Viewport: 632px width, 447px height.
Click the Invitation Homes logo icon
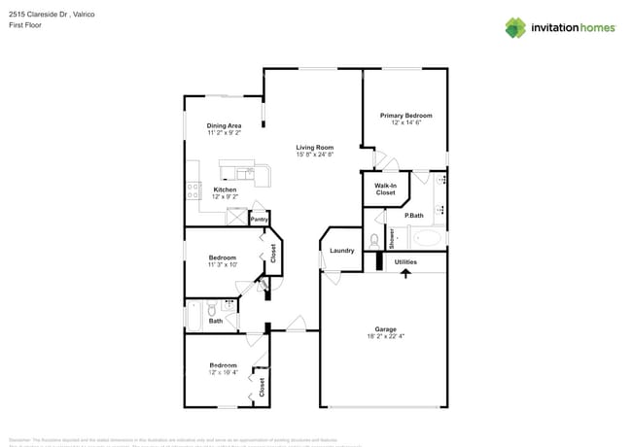pyautogui.click(x=516, y=27)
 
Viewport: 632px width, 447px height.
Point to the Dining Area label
pyautogui.click(x=224, y=125)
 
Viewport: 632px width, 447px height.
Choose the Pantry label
pyautogui.click(x=260, y=220)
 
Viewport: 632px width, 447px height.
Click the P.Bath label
pyautogui.click(x=414, y=215)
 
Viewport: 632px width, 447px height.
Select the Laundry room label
pyautogui.click(x=341, y=250)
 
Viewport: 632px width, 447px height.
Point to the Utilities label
pyautogui.click(x=405, y=261)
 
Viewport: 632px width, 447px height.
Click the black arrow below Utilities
pyautogui.click(x=405, y=273)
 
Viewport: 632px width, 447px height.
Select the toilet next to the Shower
pyautogui.click(x=373, y=239)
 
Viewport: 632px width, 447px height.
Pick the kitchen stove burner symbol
pyautogui.click(x=191, y=190)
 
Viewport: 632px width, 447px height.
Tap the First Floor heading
pyautogui.click(x=26, y=26)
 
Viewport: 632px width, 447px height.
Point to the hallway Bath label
pyautogui.click(x=215, y=321)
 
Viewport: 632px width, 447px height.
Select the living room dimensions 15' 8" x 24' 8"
pyautogui.click(x=315, y=155)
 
